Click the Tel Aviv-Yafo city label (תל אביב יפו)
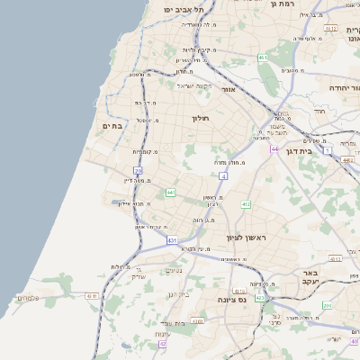point(184,9)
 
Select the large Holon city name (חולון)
point(200,118)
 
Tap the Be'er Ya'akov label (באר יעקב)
point(311,277)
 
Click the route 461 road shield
point(262,58)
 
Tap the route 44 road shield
point(274,149)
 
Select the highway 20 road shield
point(138,170)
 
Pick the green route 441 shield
point(170,192)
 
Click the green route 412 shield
point(246,205)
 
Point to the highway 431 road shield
point(172,241)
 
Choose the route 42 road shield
point(163,344)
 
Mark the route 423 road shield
point(259,297)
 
